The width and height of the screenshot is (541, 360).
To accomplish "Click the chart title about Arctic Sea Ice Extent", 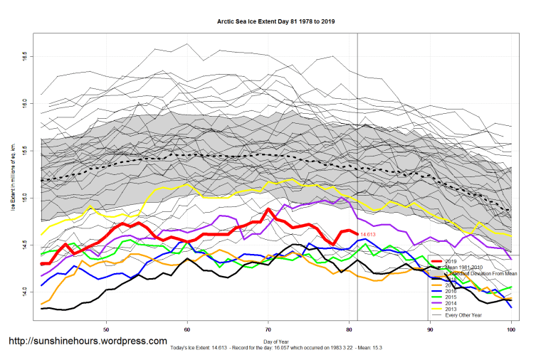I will [275, 21].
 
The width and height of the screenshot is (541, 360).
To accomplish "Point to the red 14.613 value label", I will [368, 234].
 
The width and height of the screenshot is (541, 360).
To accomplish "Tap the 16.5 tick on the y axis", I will [24, 55].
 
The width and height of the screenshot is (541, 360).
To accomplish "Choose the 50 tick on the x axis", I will [106, 330].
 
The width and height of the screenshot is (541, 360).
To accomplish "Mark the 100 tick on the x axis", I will [510, 330].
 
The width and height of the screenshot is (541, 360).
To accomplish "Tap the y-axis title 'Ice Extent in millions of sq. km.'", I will [13, 174].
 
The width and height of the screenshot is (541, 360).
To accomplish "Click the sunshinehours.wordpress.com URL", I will [88, 341].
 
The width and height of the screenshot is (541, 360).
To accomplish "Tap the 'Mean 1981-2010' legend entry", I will [463, 268].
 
